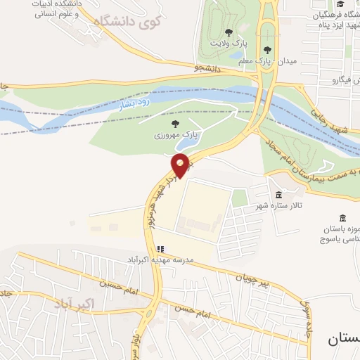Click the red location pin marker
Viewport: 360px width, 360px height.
coord(182,165)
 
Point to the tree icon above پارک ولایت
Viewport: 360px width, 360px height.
coord(229,32)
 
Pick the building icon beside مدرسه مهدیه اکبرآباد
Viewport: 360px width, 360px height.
coord(160,248)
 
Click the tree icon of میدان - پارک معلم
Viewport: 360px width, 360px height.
coord(267,49)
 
